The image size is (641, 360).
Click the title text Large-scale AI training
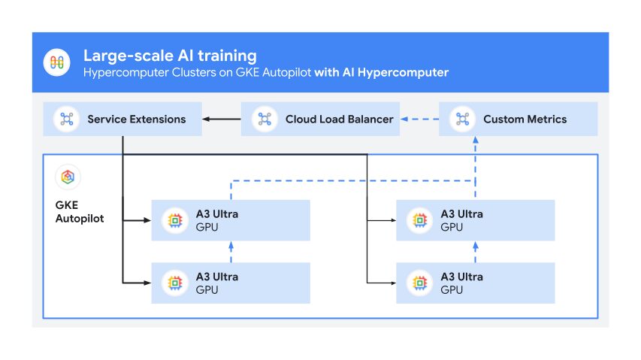pos(170,56)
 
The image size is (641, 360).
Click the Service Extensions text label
pos(136,119)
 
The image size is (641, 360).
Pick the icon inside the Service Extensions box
pos(67,119)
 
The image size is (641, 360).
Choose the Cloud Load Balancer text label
pos(339,119)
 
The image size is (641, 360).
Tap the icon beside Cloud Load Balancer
pos(265,119)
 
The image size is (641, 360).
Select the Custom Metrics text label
pos(525,119)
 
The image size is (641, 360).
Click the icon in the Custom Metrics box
pos(462,119)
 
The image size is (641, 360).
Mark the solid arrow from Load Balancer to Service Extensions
pos(222,119)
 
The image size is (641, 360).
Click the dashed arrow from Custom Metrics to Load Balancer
pos(420,119)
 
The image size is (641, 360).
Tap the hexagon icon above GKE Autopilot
pos(68,177)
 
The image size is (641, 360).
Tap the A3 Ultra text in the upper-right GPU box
pos(461,214)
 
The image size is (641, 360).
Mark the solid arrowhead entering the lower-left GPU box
pos(147,283)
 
